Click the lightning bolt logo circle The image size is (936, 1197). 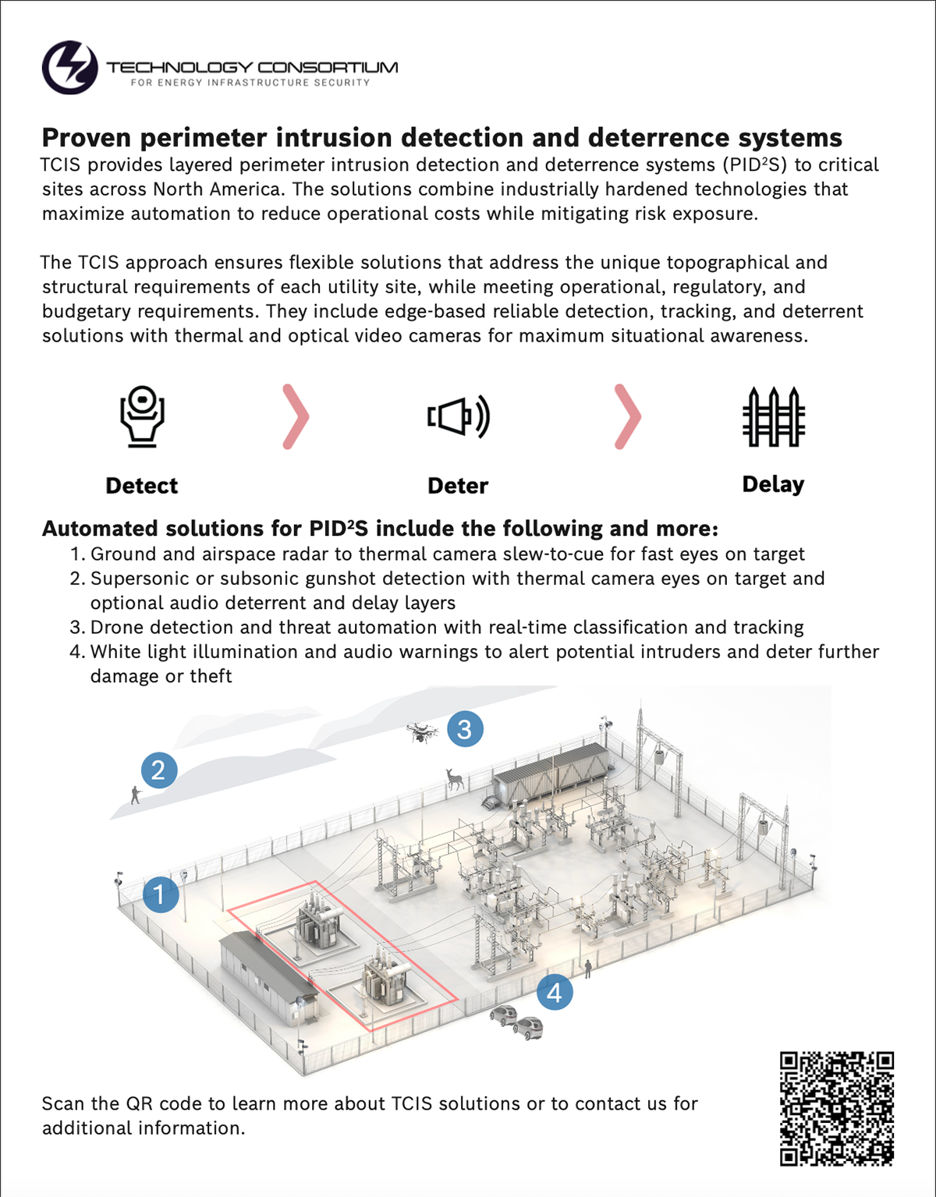[x=70, y=68]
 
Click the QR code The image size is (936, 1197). [x=837, y=1108]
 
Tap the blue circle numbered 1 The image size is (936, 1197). [x=161, y=894]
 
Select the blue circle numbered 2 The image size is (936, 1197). [x=158, y=770]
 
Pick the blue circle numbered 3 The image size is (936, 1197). [x=465, y=729]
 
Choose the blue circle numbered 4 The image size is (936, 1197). [x=555, y=993]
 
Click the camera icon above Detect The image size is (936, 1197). [x=142, y=416]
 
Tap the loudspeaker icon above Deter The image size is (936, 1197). [x=459, y=416]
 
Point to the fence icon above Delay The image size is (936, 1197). [x=773, y=416]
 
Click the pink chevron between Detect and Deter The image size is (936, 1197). [x=295, y=416]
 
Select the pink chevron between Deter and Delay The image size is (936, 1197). [x=627, y=416]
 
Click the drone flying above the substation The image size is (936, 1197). [x=422, y=732]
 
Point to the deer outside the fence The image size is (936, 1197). [x=453, y=778]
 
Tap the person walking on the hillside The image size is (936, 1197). [x=136, y=795]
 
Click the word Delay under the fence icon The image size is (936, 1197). [x=773, y=484]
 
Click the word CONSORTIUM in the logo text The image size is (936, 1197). [x=328, y=67]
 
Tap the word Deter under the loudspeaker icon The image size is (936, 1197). [x=458, y=486]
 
